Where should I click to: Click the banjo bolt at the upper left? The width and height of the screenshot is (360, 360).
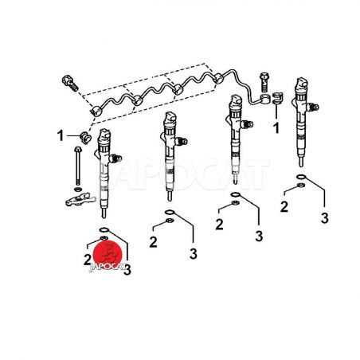[x=70, y=83]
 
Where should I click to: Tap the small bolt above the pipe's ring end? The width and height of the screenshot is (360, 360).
[x=264, y=81]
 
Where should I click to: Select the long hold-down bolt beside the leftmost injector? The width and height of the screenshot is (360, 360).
[x=78, y=165]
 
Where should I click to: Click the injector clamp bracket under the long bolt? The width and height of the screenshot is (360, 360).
[x=80, y=199]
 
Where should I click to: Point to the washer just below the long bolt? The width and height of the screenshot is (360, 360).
[x=78, y=189]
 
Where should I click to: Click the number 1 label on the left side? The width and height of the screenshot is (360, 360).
[x=61, y=135]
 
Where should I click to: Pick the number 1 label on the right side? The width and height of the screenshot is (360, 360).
[x=276, y=128]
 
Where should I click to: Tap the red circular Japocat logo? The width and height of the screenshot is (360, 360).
[x=108, y=254]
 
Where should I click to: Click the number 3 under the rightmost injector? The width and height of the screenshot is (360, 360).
[x=324, y=218]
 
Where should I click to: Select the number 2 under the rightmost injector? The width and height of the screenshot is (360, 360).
[x=284, y=206]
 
